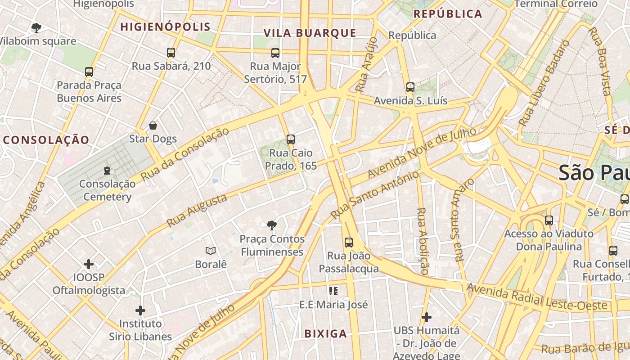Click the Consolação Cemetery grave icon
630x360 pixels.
point(107,171)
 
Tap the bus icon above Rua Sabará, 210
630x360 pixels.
point(171,52)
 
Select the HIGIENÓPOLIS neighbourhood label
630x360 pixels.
point(166,27)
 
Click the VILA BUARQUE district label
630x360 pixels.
point(310,33)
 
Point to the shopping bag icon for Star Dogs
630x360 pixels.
point(153,126)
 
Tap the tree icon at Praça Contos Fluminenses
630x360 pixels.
point(271,225)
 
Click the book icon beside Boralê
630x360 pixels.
point(211,251)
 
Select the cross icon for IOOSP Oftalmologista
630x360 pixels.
point(89,264)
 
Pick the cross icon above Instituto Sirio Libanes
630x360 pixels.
point(140,310)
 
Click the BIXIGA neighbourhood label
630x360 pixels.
point(326,333)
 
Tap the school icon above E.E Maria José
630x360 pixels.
point(333,291)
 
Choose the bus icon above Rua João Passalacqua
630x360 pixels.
point(349,243)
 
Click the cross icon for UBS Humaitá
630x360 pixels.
point(426,317)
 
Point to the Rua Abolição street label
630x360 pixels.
point(423,241)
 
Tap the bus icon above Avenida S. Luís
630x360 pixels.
point(410,87)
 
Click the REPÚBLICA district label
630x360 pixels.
point(448,14)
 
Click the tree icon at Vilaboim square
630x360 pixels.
point(36,28)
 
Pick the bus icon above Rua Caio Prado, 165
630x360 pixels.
point(291,139)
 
